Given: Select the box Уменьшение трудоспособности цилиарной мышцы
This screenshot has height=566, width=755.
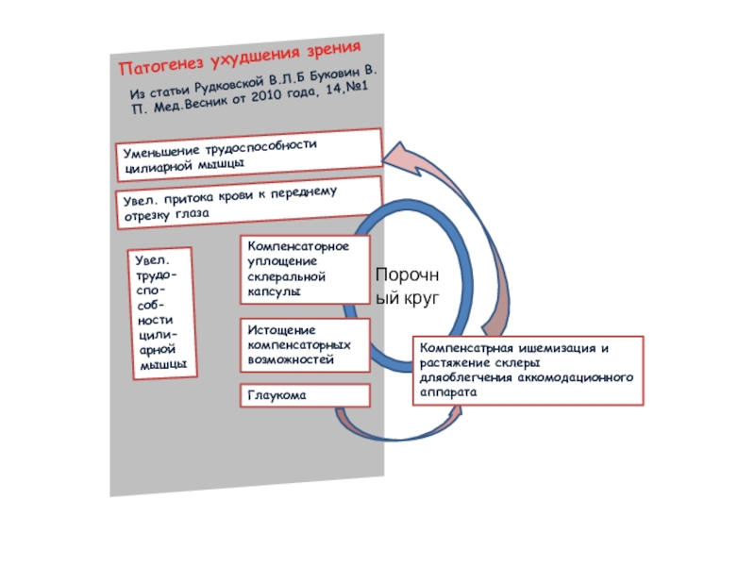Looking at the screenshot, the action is [249, 155].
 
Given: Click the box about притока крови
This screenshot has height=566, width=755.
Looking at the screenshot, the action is [249, 202].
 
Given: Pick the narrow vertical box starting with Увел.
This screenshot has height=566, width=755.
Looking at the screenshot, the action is [162, 313].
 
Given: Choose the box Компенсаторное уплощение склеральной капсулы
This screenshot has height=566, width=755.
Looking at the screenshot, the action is [305, 270].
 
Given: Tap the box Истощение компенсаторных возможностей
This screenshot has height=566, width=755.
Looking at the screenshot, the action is [305, 345].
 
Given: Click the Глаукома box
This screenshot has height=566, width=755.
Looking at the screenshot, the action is [305, 395].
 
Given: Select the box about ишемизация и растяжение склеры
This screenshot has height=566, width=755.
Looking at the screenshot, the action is [528, 371].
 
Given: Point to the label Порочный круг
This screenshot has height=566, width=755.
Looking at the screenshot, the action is [408, 286].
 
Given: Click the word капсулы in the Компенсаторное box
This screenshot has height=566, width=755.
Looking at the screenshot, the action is [274, 291].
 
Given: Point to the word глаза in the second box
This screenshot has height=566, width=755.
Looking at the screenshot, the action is [192, 214].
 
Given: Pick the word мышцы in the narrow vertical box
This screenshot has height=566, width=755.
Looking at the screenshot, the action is [163, 364].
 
